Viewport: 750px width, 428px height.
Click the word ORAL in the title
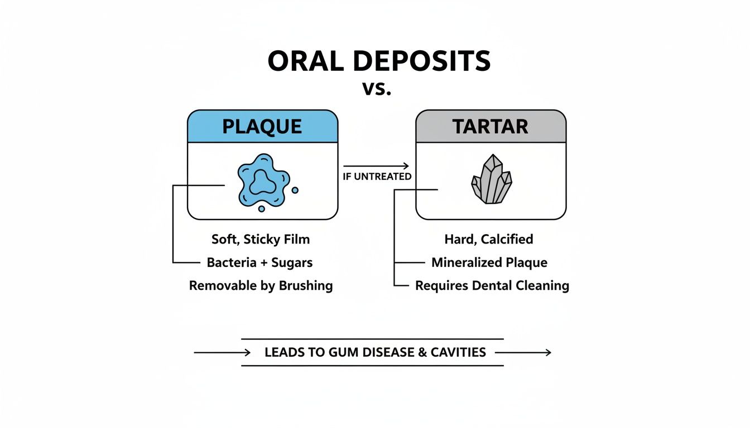click(304, 62)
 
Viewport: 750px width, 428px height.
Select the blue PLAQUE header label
click(262, 127)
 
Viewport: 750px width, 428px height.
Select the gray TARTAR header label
click(491, 127)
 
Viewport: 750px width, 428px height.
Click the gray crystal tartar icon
click(492, 179)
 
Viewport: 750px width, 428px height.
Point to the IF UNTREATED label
click(377, 177)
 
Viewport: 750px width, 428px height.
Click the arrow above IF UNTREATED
click(376, 166)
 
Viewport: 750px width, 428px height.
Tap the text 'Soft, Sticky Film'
click(261, 239)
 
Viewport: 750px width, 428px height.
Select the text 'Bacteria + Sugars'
click(259, 262)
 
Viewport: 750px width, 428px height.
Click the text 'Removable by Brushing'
click(261, 285)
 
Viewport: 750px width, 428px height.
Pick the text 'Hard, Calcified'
click(489, 239)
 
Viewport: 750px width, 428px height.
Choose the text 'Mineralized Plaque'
click(489, 262)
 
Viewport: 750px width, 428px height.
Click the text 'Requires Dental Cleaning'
click(492, 285)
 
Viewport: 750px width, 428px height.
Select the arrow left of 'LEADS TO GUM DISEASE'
click(222, 352)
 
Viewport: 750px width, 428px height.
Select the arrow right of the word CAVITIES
click(523, 352)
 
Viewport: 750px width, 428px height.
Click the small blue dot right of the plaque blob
click(295, 190)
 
